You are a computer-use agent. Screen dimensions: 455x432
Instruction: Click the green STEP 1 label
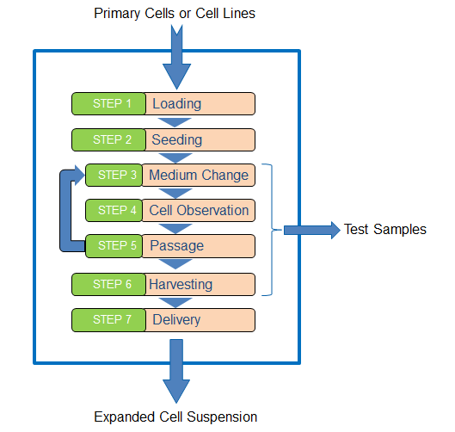pyautogui.click(x=109, y=103)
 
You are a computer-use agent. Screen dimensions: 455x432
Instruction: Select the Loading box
pyautogui.click(x=200, y=103)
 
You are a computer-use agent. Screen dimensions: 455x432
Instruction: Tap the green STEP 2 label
pyautogui.click(x=109, y=139)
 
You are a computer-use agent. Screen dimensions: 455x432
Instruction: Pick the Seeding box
pyautogui.click(x=200, y=139)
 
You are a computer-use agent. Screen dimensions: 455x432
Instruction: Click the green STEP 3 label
pyautogui.click(x=114, y=175)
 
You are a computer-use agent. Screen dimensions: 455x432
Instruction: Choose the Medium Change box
pyautogui.click(x=199, y=175)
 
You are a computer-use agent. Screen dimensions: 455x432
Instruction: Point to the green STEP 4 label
pyautogui.click(x=114, y=211)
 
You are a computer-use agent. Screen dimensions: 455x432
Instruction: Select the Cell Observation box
pyautogui.click(x=199, y=211)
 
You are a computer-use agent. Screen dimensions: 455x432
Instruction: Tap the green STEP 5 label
pyautogui.click(x=114, y=246)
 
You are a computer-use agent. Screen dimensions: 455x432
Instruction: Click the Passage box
pyautogui.click(x=199, y=246)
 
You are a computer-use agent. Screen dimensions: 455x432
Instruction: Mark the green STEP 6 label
pyautogui.click(x=109, y=284)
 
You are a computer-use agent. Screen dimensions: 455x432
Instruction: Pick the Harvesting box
pyautogui.click(x=200, y=284)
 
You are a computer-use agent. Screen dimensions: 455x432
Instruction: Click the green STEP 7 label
pyautogui.click(x=109, y=320)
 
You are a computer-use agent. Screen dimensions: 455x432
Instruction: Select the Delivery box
pyautogui.click(x=200, y=320)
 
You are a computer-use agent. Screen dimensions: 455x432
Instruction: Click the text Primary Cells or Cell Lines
pyautogui.click(x=175, y=14)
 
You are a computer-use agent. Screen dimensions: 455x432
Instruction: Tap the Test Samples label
pyautogui.click(x=385, y=230)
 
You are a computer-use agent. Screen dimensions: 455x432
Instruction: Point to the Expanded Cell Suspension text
pyautogui.click(x=175, y=417)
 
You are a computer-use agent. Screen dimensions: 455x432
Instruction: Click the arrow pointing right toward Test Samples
pyautogui.click(x=312, y=231)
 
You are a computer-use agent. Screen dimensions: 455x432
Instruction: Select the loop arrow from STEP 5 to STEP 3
pyautogui.click(x=65, y=211)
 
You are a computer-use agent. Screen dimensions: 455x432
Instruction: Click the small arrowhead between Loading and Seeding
pyautogui.click(x=175, y=122)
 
